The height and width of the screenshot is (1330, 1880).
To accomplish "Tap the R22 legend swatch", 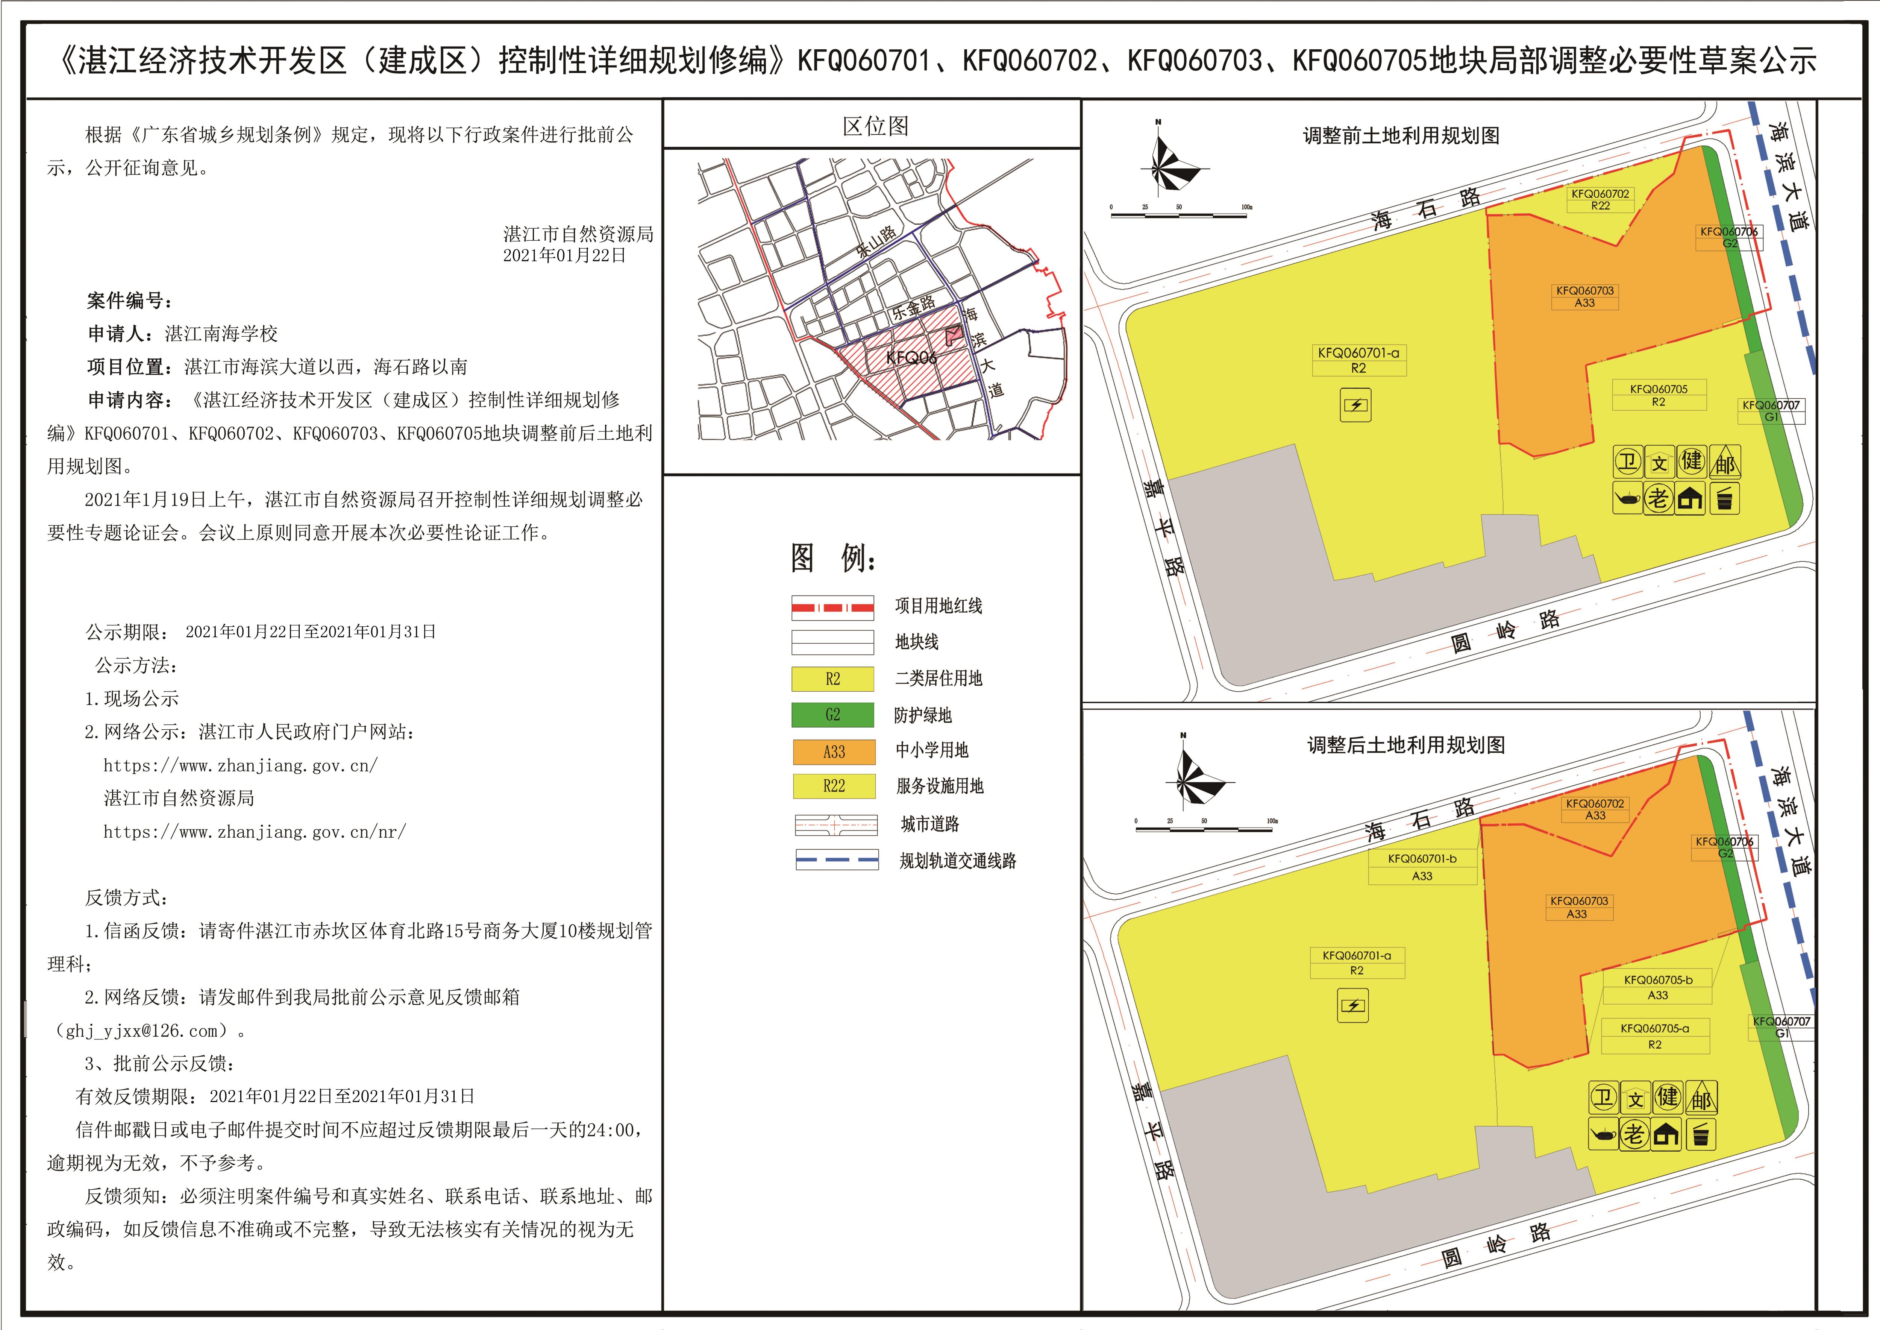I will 833,786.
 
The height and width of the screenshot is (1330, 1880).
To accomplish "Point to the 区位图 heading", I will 875,126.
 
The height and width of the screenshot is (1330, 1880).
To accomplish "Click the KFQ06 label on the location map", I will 911,358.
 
